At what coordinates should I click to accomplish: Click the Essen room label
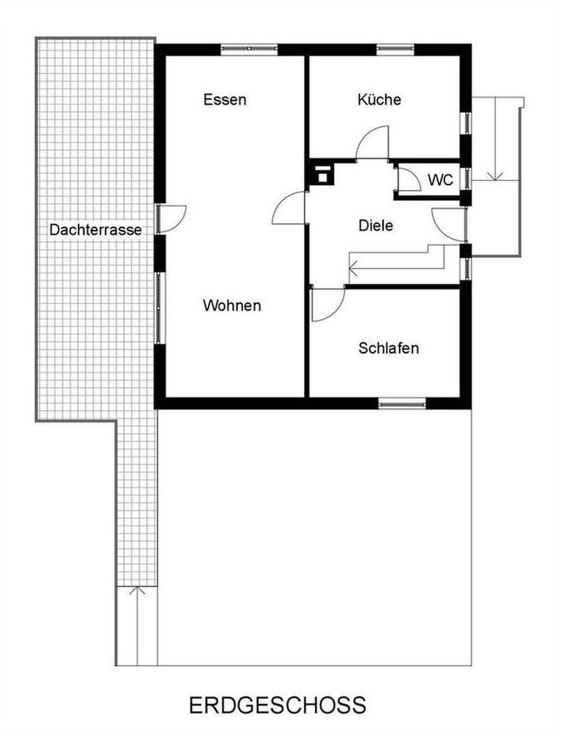pos(225,99)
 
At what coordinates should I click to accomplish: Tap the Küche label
pos(379,99)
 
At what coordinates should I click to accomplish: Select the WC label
pos(441,179)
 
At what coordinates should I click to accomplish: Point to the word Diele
pos(376,225)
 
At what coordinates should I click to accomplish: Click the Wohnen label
pos(232,305)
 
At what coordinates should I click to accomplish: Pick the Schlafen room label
pos(388,348)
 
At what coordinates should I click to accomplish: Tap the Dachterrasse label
pos(96,230)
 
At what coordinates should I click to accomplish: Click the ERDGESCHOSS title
pos(277,705)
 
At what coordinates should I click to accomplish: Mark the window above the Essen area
pos(249,48)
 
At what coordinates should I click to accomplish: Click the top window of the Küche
pos(395,48)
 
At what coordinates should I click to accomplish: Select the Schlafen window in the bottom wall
pos(402,403)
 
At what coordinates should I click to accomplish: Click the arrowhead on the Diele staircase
pos(354,268)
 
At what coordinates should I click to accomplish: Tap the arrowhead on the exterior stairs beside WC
pos(495,176)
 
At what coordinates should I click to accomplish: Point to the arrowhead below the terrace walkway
pos(137,590)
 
